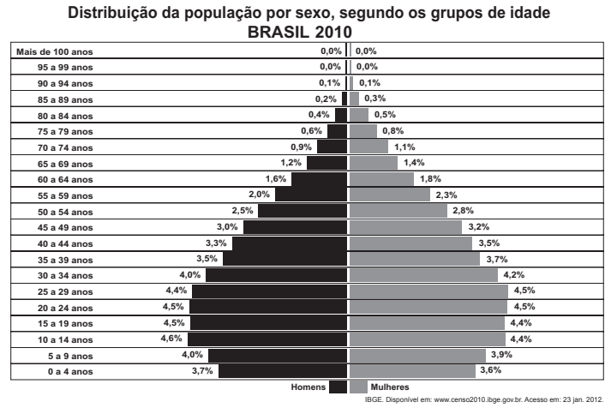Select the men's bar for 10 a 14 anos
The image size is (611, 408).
(268, 339)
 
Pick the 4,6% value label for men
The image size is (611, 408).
(174, 339)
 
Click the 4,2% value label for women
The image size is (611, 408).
(514, 275)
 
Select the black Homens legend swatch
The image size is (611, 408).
(338, 387)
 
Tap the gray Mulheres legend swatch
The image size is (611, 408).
(359, 387)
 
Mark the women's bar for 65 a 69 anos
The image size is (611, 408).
(375, 163)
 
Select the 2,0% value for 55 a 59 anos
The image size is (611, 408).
(259, 195)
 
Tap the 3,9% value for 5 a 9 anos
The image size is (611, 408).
(500, 355)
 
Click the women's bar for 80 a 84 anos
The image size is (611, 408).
(360, 115)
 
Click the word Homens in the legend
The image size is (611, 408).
(308, 387)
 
